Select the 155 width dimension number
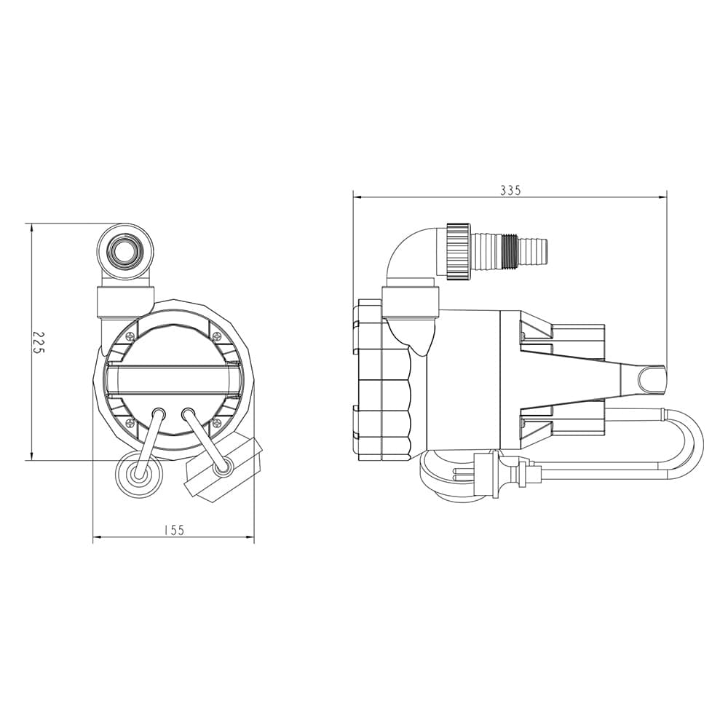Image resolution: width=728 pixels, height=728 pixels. (x=174, y=530)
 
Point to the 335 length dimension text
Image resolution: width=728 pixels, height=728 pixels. (x=511, y=190)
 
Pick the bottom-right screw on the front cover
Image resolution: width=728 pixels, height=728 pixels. (x=216, y=422)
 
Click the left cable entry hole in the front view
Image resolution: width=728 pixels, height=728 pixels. (x=159, y=414)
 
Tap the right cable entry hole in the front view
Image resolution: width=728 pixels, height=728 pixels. (x=188, y=414)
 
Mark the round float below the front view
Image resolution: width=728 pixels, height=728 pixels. (x=139, y=475)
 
